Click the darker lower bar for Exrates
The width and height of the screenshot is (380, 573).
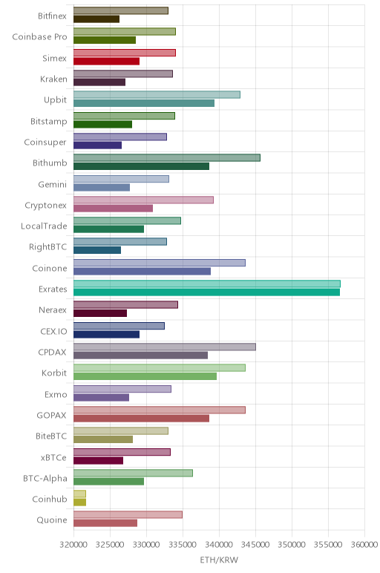pos(206,292)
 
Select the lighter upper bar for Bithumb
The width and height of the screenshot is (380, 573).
pos(166,158)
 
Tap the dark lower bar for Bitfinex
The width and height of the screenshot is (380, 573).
pos(96,19)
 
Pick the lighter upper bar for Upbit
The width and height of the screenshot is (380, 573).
pos(157,95)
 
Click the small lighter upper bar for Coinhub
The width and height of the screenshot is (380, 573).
pos(79,494)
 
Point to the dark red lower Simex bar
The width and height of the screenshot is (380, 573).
pos(106,61)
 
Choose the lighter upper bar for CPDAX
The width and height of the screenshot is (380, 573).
pos(165,347)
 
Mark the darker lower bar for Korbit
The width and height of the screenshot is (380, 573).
pos(145,376)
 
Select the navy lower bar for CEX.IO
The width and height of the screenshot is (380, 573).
pos(106,334)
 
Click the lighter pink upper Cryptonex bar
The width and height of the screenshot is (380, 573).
pos(143,200)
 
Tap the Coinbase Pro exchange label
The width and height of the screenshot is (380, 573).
pos(39,37)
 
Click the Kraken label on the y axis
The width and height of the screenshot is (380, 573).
pos(53,79)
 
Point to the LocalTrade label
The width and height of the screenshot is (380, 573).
pos(44,226)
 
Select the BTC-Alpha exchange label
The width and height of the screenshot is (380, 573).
pos(45,479)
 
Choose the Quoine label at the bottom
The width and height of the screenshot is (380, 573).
pos(52,520)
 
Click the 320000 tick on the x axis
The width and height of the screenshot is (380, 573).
pos(73,545)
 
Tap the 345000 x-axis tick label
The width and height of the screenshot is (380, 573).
pos(256,545)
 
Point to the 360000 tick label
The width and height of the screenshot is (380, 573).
pos(364,545)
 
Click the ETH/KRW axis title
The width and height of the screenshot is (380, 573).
pos(219,560)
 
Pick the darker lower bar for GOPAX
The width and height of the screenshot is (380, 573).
pos(142,419)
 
